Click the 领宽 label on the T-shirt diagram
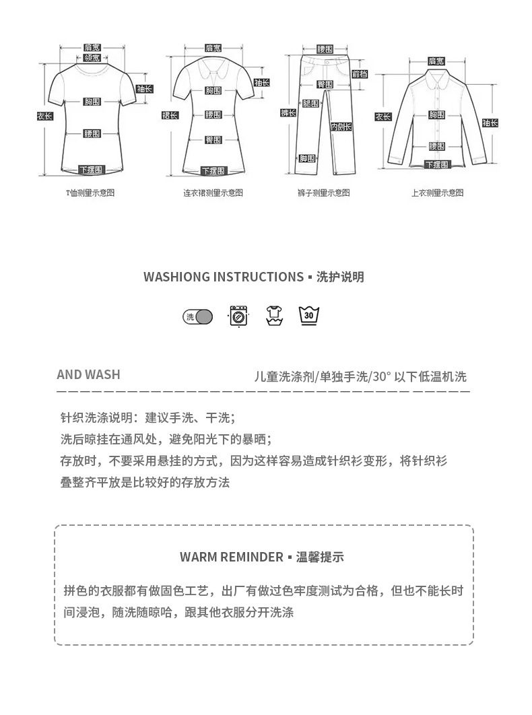click(92, 58)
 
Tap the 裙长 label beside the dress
click(170, 115)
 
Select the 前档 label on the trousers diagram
click(360, 74)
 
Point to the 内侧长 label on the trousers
click(341, 127)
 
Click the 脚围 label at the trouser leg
click(307, 158)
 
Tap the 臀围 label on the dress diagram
click(213, 140)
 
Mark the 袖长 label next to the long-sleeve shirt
click(490, 123)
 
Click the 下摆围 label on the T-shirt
click(92, 170)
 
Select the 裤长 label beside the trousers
click(288, 113)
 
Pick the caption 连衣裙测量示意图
click(213, 193)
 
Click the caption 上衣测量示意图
click(438, 193)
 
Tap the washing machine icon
click(238, 316)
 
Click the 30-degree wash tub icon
click(309, 315)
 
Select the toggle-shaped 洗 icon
click(198, 316)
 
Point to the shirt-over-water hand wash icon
click(274, 315)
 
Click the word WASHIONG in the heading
click(177, 277)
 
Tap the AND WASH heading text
click(88, 375)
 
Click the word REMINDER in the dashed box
click(251, 557)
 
